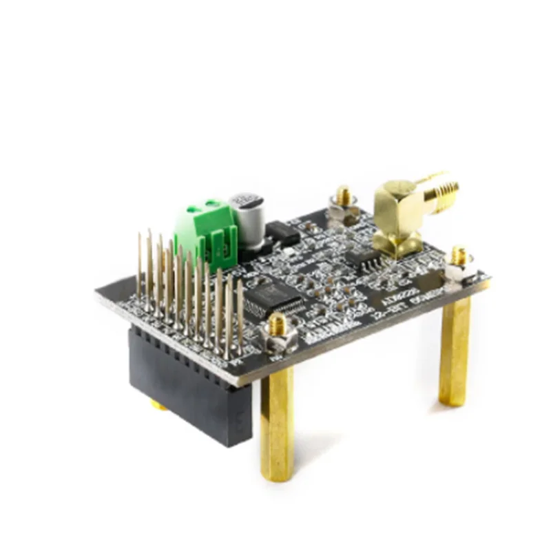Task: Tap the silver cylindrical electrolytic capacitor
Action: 247,220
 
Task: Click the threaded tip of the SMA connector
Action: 448,186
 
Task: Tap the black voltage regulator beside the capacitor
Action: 282,233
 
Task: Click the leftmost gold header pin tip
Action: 140,238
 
